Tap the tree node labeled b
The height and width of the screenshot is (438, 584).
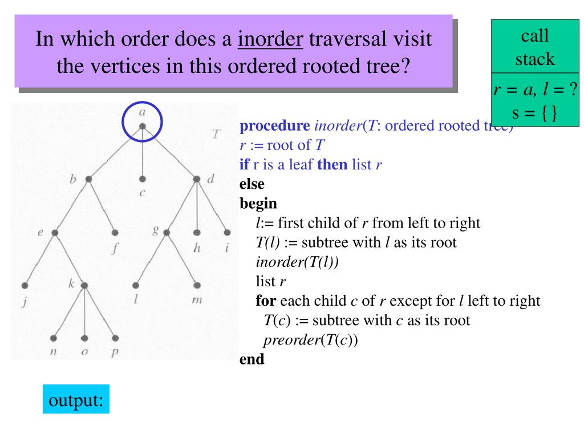click(x=88, y=179)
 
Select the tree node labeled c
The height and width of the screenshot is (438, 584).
click(x=142, y=179)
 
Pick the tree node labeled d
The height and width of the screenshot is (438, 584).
click(x=197, y=179)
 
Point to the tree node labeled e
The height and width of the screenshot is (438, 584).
click(x=55, y=233)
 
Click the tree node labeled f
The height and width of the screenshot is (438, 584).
click(x=115, y=233)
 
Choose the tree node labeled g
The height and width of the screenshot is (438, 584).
click(x=167, y=233)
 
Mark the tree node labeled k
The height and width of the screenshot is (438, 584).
click(x=84, y=285)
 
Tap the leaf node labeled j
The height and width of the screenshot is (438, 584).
click(x=25, y=285)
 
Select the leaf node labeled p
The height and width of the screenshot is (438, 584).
click(x=115, y=338)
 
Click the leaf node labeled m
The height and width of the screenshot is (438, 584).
click(x=197, y=285)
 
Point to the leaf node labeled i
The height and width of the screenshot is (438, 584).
click(x=227, y=233)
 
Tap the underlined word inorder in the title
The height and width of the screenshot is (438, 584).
click(x=271, y=40)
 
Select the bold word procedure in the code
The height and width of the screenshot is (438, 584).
click(x=275, y=126)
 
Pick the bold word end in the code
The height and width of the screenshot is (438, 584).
click(x=252, y=360)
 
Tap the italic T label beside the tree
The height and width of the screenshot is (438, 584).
click(x=216, y=135)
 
